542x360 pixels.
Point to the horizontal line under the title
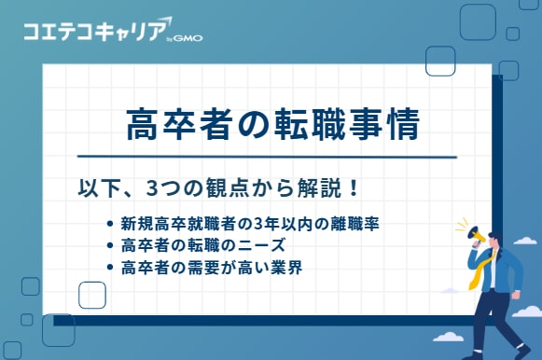pos(266,157)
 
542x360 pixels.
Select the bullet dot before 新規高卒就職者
pos(113,227)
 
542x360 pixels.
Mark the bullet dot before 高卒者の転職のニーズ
pos(113,248)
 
